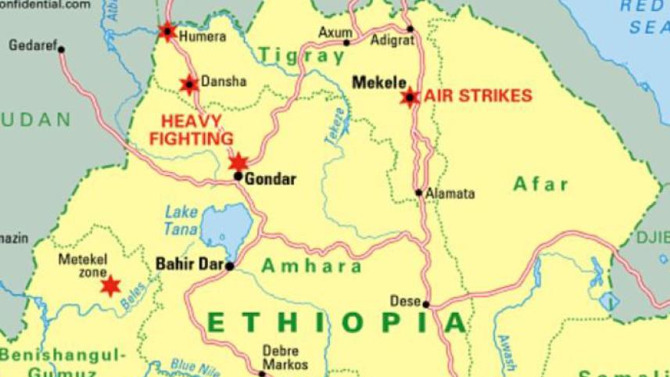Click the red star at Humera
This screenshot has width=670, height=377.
[167, 32]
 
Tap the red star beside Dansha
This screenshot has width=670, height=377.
[188, 84]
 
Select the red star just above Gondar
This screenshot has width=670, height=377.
[238, 162]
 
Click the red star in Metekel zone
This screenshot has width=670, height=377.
[111, 285]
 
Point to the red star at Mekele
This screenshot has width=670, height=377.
[409, 97]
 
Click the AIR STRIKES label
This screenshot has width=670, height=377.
[478, 96]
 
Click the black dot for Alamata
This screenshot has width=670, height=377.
[419, 192]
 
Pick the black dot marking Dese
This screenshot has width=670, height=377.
[426, 304]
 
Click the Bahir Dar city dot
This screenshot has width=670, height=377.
[230, 266]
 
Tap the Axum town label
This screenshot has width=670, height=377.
[334, 33]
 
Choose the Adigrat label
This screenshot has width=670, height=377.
[392, 40]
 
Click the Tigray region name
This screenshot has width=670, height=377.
[302, 56]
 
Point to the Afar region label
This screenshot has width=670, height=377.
[540, 185]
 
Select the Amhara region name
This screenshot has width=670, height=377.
[311, 266]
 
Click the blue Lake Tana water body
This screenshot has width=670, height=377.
[227, 226]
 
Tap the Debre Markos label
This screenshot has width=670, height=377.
[285, 357]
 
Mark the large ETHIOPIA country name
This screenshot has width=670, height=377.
[337, 322]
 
